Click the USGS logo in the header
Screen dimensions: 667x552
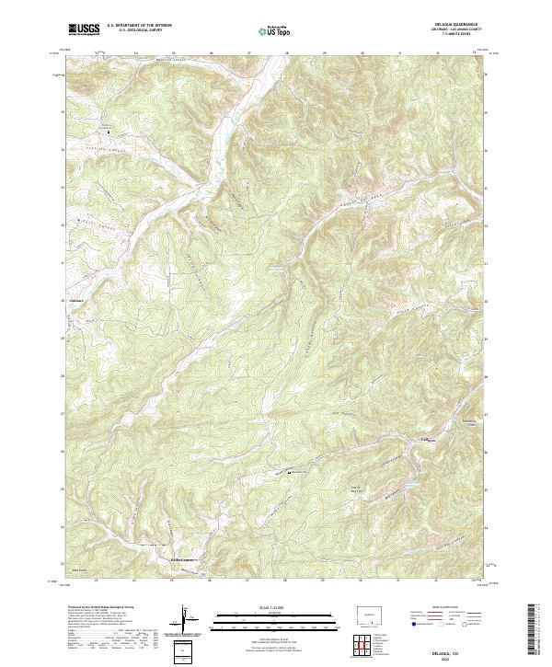coord(84,29)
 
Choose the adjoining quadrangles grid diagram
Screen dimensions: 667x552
coord(367,647)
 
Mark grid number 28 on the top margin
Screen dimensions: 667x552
coord(286,53)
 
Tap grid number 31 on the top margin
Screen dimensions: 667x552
coord(399,53)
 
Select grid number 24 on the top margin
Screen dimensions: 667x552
coord(135,53)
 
